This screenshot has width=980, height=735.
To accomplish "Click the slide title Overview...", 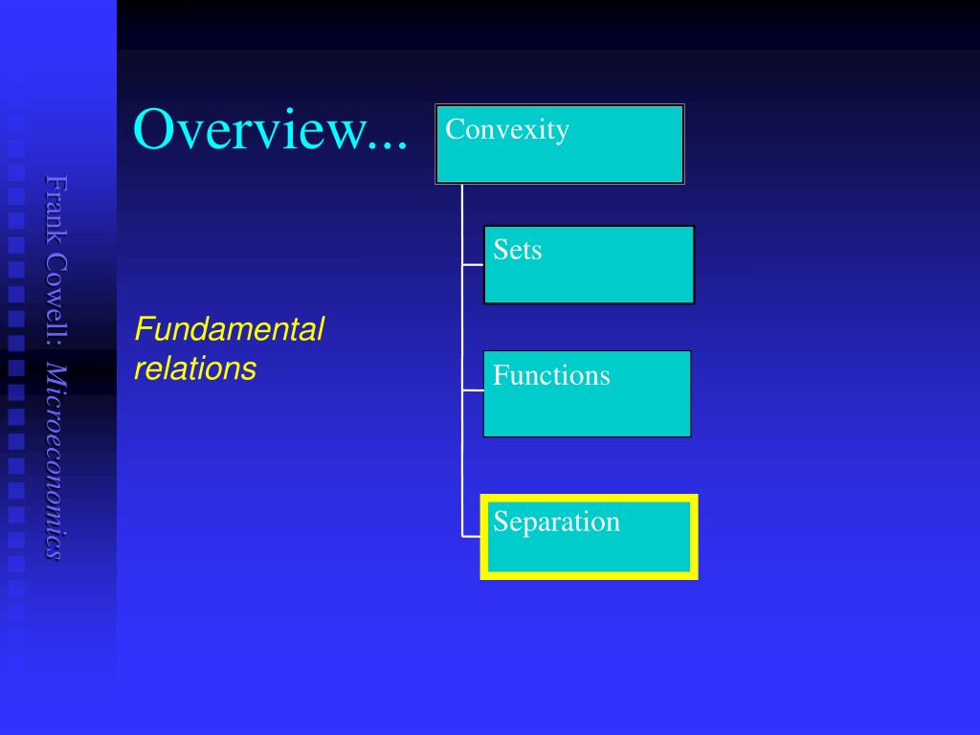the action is coord(270,129).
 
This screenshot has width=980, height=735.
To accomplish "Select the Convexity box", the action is coord(559,145).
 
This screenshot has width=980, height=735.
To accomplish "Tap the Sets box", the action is coord(589,265).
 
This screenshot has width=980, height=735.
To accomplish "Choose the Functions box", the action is coord(588,393).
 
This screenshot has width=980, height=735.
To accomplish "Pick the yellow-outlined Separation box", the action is coord(589,537).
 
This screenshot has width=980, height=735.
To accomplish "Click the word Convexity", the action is coord(507,129).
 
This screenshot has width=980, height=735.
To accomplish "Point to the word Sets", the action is coord(517,250).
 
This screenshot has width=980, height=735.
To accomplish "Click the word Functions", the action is coord(551,375).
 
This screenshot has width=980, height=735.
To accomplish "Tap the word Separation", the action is coord(556,522).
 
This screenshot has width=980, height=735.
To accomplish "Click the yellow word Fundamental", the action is coord(230,329).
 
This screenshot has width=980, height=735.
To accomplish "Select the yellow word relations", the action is coord(195,368).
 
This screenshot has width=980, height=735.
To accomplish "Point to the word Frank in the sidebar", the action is coord(56,210).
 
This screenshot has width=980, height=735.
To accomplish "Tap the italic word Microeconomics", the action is coord(56,461).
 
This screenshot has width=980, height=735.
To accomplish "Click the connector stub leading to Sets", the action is coord(473,265).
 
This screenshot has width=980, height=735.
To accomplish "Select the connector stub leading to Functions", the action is coord(473,390).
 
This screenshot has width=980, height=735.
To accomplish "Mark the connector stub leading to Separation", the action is coord(471,536).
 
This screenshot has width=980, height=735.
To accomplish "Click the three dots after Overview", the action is coord(388,146).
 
